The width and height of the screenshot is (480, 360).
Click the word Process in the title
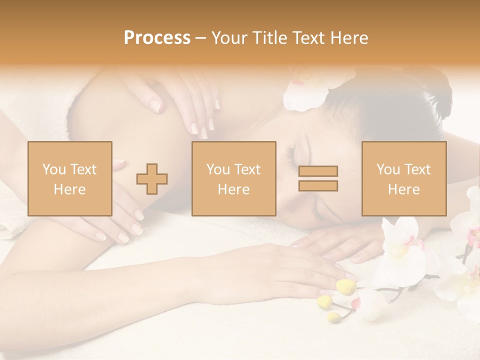[x=157, y=37]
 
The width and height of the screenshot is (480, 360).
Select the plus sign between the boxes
[x=152, y=178]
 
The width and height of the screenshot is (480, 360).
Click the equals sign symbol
[x=318, y=178]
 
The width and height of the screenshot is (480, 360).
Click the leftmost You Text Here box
[x=70, y=178]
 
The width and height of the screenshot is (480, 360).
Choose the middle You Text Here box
[x=234, y=178]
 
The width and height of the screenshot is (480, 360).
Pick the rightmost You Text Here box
[x=404, y=178]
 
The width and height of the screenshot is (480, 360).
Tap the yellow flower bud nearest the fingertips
[x=345, y=286]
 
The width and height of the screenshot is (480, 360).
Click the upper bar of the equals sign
[x=318, y=171]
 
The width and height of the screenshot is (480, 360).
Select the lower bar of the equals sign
[x=318, y=186]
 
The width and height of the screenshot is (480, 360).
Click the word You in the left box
[x=53, y=169]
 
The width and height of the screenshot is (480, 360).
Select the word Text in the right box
[x=419, y=169]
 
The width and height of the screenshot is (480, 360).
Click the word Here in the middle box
[x=234, y=189]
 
